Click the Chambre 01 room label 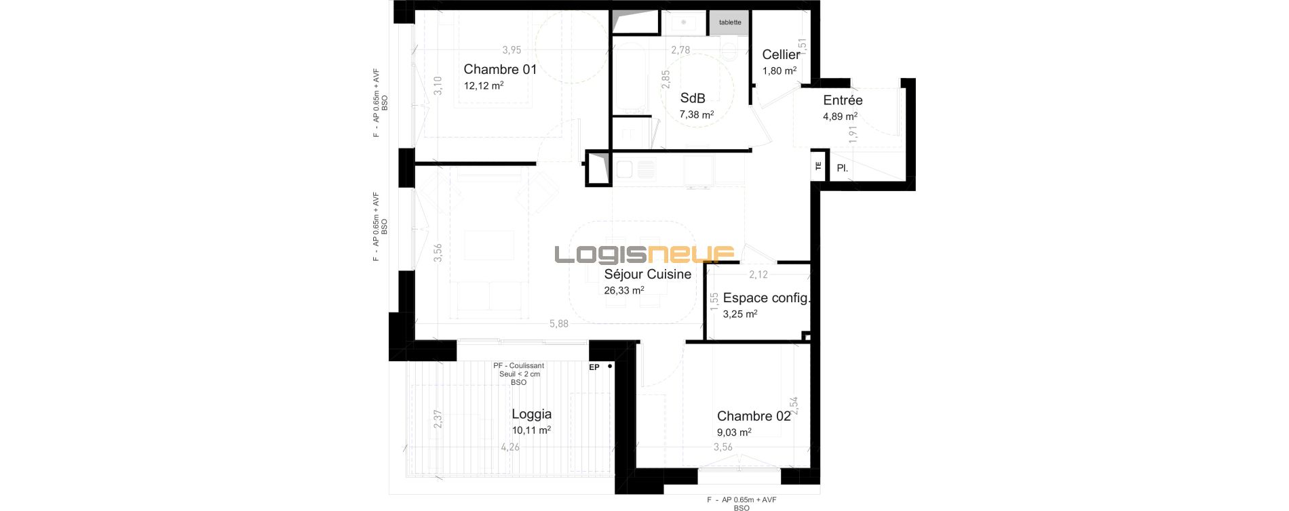pos(500,69)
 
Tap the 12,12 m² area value pos(484,86)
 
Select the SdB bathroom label pos(693,98)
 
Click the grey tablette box pos(730,22)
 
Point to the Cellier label pos(781,55)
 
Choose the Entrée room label pos(843,100)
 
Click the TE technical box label pos(818,165)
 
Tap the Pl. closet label pos(842,168)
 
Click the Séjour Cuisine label pos(648,274)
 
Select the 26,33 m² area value pos(624,291)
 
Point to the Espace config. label pos(767,298)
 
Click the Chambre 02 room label pos(754,416)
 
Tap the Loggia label pos(531,414)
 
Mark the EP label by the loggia pos(594,368)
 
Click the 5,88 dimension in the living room pos(558,324)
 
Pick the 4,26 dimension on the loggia pos(510,447)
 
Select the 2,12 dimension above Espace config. pos(758,274)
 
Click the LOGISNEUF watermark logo pos(644,254)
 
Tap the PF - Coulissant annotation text pos(519,366)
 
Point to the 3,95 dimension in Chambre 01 pos(512,49)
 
